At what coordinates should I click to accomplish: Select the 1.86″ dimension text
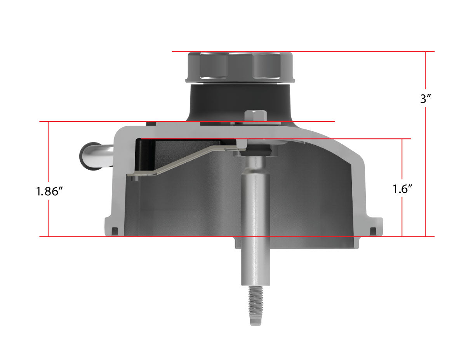pyautogui.click(x=50, y=191)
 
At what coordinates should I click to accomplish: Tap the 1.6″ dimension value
pyautogui.click(x=402, y=189)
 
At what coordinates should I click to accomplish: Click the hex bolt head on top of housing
pyautogui.click(x=256, y=115)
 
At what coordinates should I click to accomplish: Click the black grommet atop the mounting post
pyautogui.click(x=256, y=150)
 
